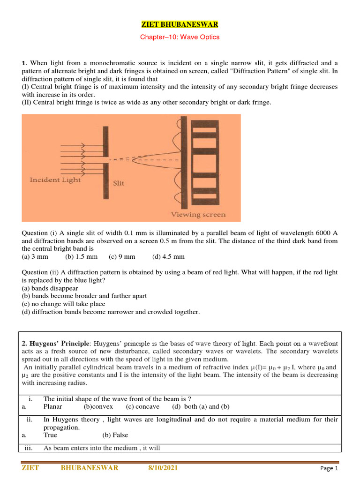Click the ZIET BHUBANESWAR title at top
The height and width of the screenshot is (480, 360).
tap(180, 24)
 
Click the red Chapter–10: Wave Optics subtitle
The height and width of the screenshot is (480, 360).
tap(180, 37)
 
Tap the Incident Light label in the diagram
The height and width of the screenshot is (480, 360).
tap(55, 180)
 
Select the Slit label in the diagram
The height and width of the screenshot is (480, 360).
tap(119, 183)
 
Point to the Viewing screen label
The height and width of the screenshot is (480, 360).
tap(198, 215)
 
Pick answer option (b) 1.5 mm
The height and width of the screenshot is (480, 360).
tap(82, 256)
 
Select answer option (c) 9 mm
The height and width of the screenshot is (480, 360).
tap(122, 256)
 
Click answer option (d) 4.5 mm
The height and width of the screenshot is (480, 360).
tap(169, 256)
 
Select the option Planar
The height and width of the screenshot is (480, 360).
tap(52, 406)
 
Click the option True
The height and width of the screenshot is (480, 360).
tap(50, 435)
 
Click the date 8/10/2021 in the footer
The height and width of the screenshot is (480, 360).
tap(163, 468)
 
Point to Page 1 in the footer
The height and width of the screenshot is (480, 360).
tap(329, 468)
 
